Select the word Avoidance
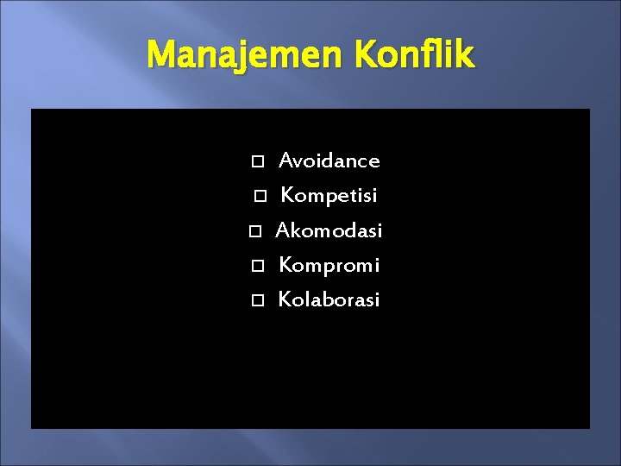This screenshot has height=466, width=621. [x=329, y=161]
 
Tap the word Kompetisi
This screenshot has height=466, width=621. [x=329, y=196]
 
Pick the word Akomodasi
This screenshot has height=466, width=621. [x=329, y=230]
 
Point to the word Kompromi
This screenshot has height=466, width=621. [x=329, y=265]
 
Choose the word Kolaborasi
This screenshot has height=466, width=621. [x=329, y=300]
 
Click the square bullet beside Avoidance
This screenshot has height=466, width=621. [x=255, y=161]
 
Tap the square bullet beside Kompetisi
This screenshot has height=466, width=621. [x=260, y=197]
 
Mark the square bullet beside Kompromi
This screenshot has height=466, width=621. [x=256, y=266]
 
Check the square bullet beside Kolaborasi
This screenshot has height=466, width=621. [x=256, y=301]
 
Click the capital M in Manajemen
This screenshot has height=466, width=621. [x=160, y=55]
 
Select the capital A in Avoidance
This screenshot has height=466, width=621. [x=286, y=161]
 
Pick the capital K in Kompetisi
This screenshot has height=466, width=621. [x=287, y=196]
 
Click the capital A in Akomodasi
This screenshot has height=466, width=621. [x=282, y=230]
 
